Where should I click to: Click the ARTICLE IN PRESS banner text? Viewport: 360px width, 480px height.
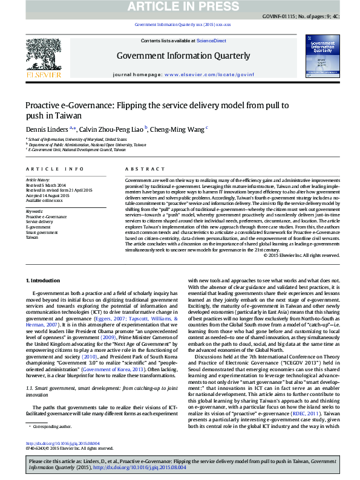coord(180,6)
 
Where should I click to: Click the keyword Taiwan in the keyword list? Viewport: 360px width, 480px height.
coord(31,238)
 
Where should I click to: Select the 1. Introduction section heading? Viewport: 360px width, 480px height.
coord(43,281)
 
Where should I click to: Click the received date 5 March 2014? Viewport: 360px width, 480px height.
coord(54,185)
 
